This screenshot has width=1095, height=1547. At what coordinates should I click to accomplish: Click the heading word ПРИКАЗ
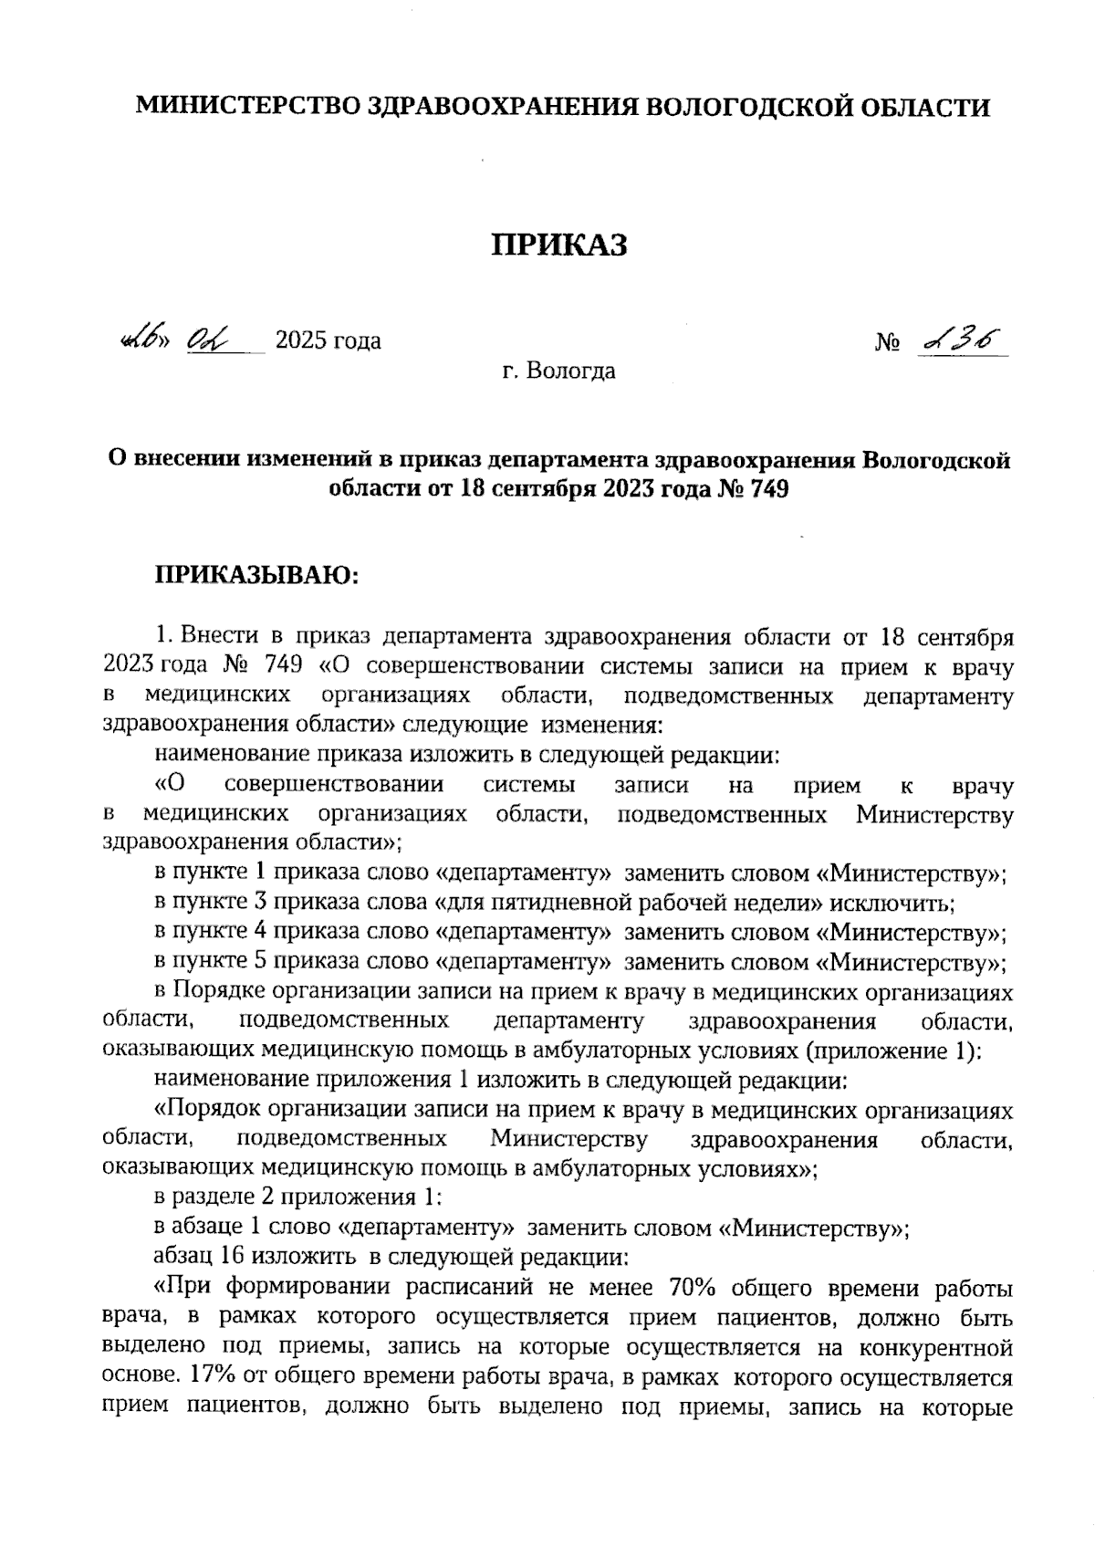coord(560,245)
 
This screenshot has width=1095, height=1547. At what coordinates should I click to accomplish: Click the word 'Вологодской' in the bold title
coord(935,459)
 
